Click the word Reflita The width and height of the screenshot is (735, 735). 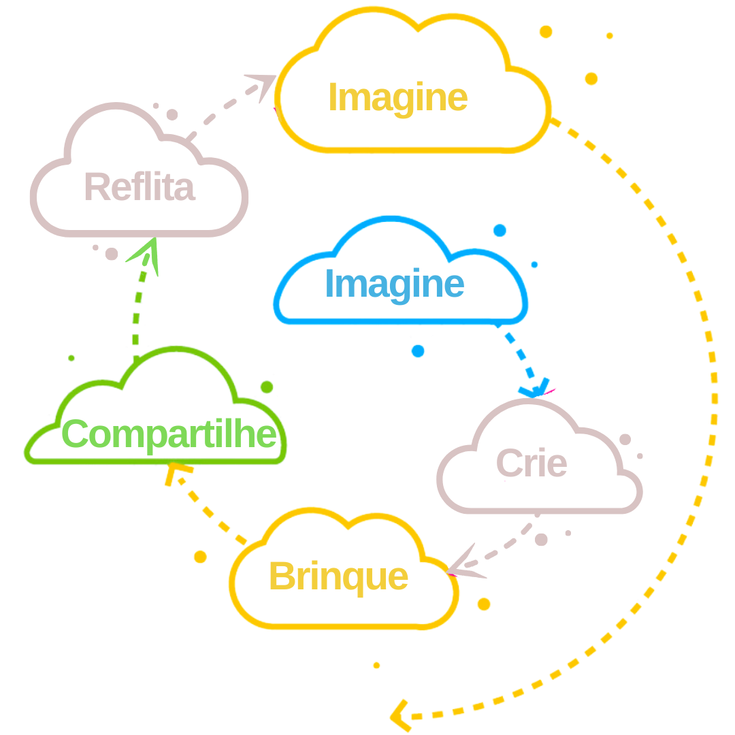140,187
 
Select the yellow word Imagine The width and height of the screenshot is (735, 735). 398,98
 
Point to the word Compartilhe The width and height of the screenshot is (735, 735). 170,434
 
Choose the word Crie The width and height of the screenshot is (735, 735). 531,464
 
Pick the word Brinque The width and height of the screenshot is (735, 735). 339,577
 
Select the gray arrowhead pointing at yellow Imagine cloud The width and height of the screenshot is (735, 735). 262,87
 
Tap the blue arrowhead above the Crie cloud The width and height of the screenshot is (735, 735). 537,389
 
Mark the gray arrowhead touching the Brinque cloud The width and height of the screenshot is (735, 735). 463,565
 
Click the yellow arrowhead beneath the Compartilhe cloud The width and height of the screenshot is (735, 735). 176,473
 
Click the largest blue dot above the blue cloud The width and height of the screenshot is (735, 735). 500,230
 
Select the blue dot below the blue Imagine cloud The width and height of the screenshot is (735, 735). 418,350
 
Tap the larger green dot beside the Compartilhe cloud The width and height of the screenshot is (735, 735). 267,387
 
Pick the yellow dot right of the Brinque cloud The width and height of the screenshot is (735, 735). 484,604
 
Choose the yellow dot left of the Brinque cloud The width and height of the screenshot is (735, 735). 200,557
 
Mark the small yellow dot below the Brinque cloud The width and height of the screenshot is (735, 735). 376,665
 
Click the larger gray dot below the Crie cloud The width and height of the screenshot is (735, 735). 542,539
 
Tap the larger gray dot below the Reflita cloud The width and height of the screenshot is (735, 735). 112,254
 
